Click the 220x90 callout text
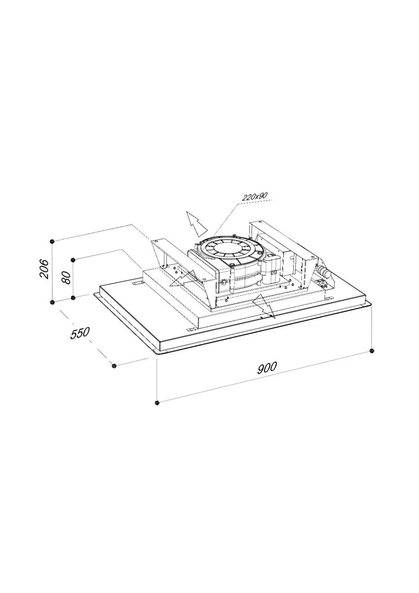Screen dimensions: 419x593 (x=255, y=196)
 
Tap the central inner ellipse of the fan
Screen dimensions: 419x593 (x=227, y=249)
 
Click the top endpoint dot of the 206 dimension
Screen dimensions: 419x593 (x=52, y=241)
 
